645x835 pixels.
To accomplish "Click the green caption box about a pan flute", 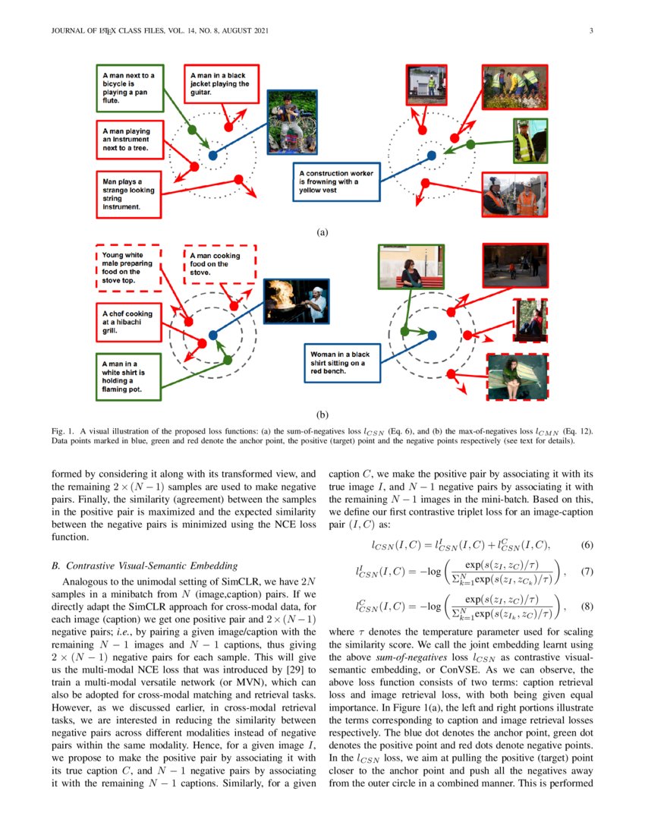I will [x=130, y=87].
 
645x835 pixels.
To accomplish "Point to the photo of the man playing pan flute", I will [x=282, y=118].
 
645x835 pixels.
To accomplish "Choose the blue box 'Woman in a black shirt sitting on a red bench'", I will [x=339, y=363].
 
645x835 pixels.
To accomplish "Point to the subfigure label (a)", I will [x=322, y=232].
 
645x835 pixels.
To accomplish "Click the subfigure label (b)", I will [x=322, y=415].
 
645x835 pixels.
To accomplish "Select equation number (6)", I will [x=587, y=545].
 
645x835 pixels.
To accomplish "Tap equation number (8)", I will [x=587, y=606].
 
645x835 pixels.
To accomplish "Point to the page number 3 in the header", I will [x=590, y=31].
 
